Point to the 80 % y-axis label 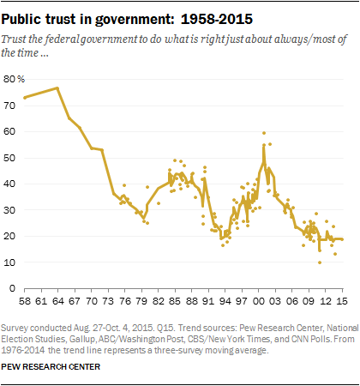click(x=15, y=79)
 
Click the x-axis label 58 click(x=24, y=304)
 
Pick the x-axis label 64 click(x=57, y=304)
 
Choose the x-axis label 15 click(x=341, y=304)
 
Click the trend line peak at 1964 click(x=57, y=87)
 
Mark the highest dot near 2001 click(x=264, y=133)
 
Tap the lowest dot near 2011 click(x=320, y=262)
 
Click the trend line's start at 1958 click(x=25, y=98)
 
